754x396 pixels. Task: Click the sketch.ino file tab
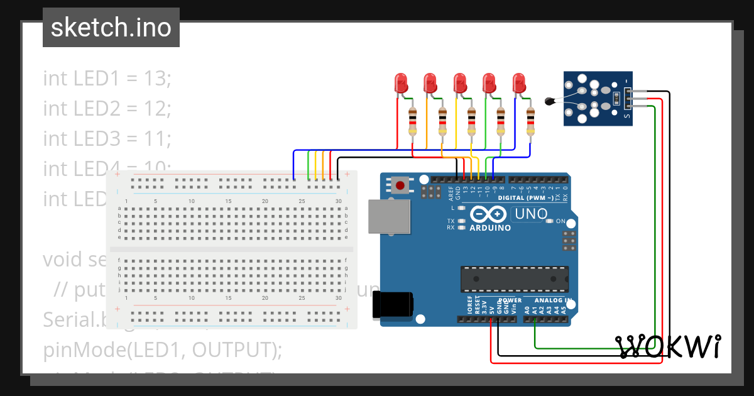pos(111,28)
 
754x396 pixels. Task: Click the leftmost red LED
pos(400,83)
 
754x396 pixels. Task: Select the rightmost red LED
pos(518,83)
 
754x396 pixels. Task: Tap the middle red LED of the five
pos(459,83)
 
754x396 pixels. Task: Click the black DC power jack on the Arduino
pos(393,305)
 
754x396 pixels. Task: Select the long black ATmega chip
pos(515,279)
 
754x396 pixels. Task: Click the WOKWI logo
pos(668,346)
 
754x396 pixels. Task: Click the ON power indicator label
pos(560,221)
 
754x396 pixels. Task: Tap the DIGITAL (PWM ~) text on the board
pos(525,198)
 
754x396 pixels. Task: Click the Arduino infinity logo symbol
pos(488,214)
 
